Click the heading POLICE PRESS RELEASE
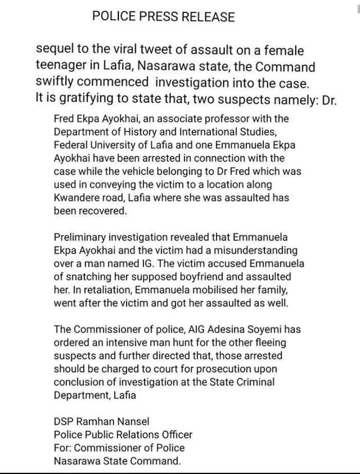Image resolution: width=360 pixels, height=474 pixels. [x=164, y=17]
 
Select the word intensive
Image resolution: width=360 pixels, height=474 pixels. [x=125, y=342]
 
